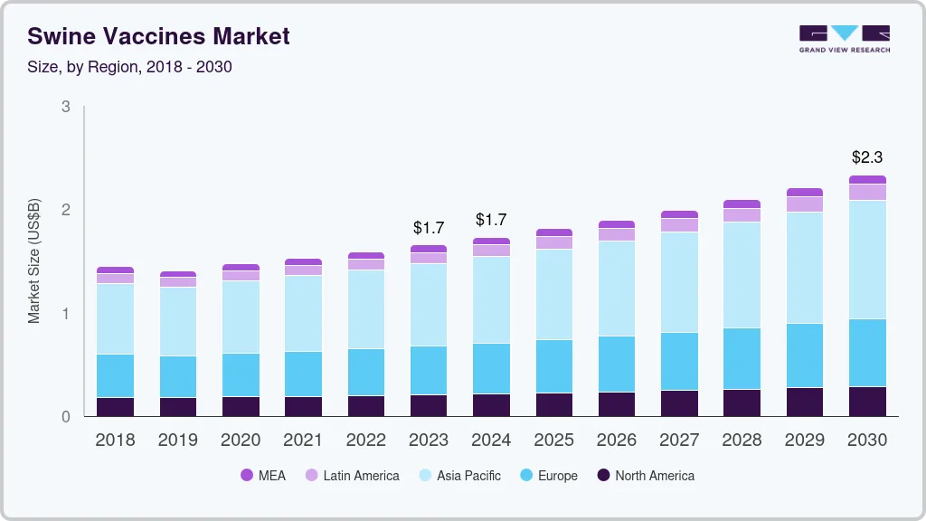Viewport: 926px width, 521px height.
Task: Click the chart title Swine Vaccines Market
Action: (158, 36)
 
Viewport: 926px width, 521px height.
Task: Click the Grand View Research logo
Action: (845, 38)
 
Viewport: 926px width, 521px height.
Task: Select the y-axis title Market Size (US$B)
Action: (34, 262)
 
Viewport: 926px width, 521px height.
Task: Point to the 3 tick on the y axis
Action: (66, 107)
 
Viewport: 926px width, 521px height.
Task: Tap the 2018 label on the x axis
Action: (115, 440)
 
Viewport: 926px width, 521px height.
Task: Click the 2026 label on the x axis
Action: (616, 440)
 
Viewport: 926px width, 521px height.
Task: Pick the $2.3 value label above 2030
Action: (867, 157)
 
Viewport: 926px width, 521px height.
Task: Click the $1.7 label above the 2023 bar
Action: (429, 228)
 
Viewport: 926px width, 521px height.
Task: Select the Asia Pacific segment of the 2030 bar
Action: (867, 260)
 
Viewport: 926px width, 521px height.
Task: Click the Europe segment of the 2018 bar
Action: (115, 375)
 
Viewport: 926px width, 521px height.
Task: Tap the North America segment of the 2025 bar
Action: (553, 404)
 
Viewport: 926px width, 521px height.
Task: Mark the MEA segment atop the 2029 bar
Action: (805, 193)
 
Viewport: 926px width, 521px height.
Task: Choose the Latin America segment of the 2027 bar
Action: (679, 225)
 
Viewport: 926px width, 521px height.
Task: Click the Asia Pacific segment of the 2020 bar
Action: (241, 317)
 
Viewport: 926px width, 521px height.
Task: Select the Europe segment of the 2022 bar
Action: (365, 372)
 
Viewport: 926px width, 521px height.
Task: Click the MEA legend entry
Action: (262, 475)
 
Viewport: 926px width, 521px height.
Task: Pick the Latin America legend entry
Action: (352, 475)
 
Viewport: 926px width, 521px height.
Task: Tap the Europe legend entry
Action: (548, 475)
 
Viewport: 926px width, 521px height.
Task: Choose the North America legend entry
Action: (646, 475)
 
